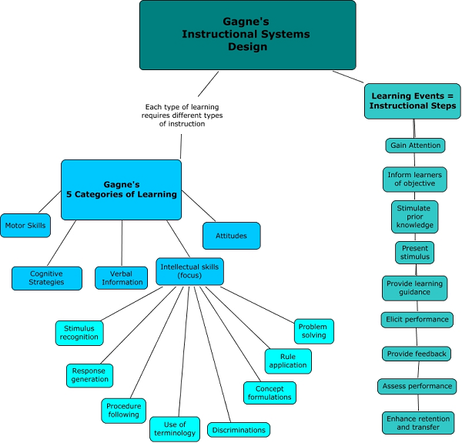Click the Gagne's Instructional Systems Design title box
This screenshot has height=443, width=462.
pos(247,35)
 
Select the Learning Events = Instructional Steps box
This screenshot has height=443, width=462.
pos(412,101)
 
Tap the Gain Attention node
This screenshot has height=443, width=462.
pos(415,145)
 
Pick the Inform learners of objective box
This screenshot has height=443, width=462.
pos(415,179)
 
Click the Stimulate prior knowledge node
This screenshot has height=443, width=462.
pos(414,216)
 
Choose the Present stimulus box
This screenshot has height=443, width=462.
pos(415,252)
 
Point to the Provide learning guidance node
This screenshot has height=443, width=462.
pos(415,288)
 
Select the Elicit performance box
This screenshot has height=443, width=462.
pos(417,319)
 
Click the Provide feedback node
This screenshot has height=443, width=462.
pos(416,354)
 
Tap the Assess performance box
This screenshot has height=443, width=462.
pos(417,386)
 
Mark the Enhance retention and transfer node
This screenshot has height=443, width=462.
pos(417,422)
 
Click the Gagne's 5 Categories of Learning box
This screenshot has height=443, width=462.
pos(121,190)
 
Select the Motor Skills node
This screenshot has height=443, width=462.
pos(25,226)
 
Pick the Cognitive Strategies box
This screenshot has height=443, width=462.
pos(46,277)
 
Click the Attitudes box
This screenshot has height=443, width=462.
pos(231,236)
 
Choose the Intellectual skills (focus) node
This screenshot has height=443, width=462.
pos(189,271)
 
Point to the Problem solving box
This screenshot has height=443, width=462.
pos(313,331)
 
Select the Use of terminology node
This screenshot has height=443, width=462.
pos(175,428)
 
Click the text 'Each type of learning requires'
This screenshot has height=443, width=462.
pos(182,111)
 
